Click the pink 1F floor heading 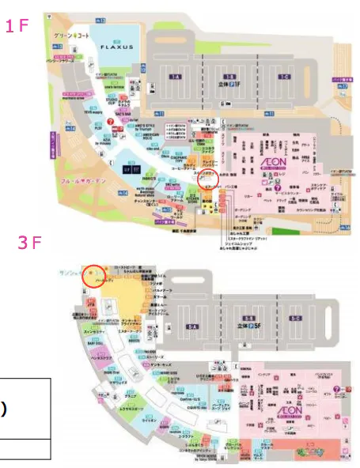pyautogui.click(x=17, y=26)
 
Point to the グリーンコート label pyautogui.click(x=68, y=37)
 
